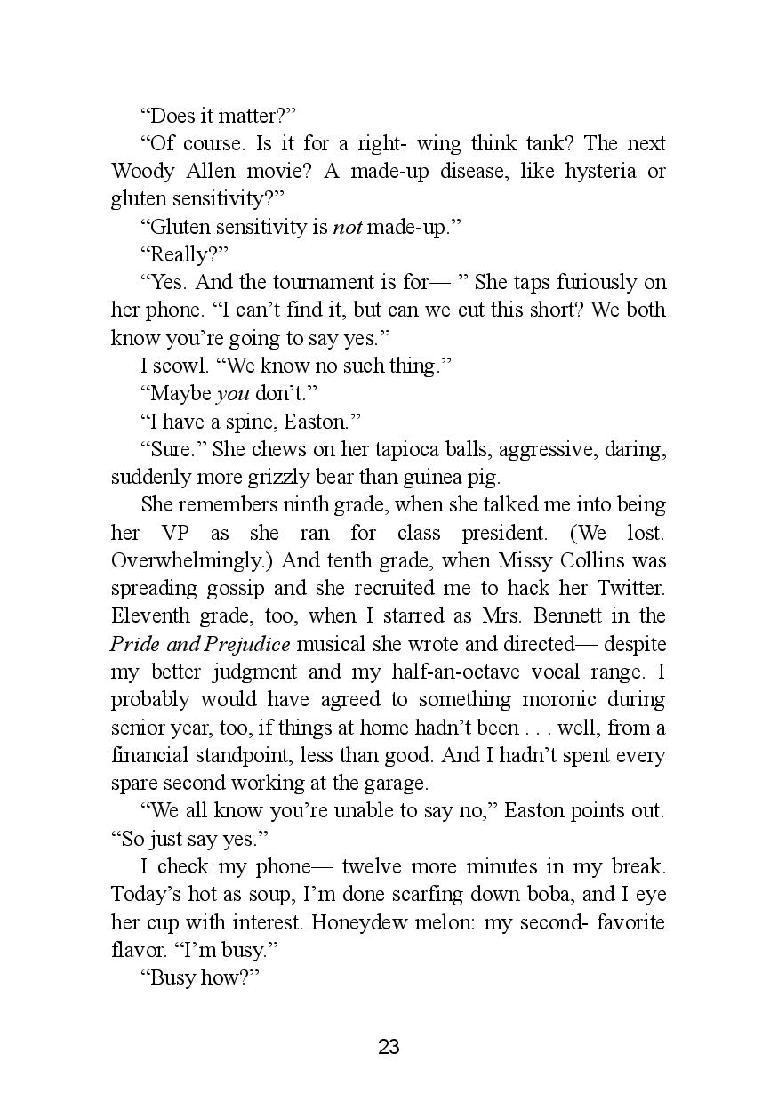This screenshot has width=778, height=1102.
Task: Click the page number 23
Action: [389, 1047]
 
